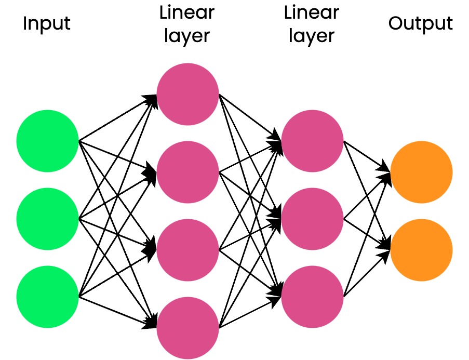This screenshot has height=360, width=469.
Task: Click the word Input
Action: [x=46, y=24]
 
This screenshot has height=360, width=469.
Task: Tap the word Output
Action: [x=421, y=24]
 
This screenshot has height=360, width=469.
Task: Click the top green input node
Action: [x=47, y=141]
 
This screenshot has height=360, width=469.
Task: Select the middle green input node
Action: [x=47, y=219]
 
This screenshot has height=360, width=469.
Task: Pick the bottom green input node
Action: [x=47, y=297]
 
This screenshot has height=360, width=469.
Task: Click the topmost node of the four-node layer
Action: [x=187, y=94]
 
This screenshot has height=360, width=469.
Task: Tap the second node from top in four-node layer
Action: [x=187, y=172]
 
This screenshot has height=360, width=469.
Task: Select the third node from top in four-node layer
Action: [x=187, y=250]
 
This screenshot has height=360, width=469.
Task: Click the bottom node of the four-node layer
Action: [x=187, y=328]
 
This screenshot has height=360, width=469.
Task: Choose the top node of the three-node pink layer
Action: [x=312, y=141]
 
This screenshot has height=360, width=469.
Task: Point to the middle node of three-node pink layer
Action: [x=312, y=219]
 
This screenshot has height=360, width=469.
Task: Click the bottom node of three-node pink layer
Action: [x=312, y=297]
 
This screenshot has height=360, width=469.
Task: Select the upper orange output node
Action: [x=421, y=172]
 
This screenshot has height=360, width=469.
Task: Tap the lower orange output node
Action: [x=421, y=250]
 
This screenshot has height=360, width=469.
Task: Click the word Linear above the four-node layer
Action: [x=187, y=12]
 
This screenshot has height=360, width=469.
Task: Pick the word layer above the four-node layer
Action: [x=187, y=36]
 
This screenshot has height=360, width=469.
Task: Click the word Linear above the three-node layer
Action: [x=312, y=12]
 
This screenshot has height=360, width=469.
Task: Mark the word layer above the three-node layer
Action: [x=312, y=36]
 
